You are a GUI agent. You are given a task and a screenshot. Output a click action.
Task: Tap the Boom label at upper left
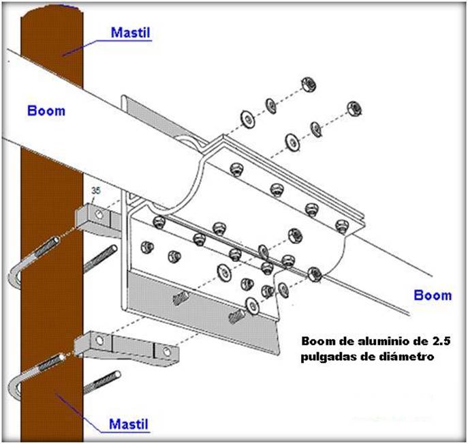pos(46,110)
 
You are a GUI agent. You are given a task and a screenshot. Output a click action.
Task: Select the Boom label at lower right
pos(433,295)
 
